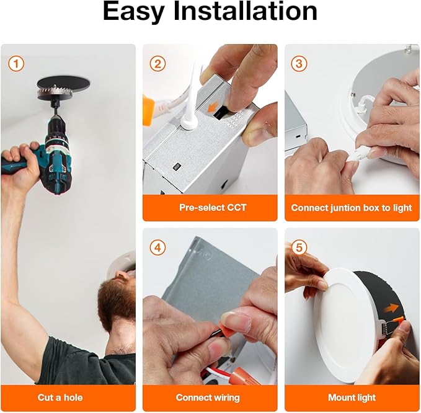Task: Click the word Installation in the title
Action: pyautogui.click(x=246, y=11)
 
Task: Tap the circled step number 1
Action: pyautogui.click(x=16, y=64)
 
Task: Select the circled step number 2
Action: pyautogui.click(x=157, y=64)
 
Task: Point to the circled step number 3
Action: pyautogui.click(x=299, y=64)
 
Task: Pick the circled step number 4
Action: pyautogui.click(x=157, y=247)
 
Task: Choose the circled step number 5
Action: pyautogui.click(x=299, y=247)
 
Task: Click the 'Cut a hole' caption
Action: pyautogui.click(x=60, y=397)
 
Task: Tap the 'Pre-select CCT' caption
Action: pyautogui.click(x=213, y=208)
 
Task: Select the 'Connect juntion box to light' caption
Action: pyautogui.click(x=352, y=208)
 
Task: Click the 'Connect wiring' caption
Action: pyautogui.click(x=208, y=397)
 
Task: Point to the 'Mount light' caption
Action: pyautogui.click(x=352, y=397)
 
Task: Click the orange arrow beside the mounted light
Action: pyautogui.click(x=391, y=308)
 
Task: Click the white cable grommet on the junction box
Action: pyautogui.click(x=188, y=122)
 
